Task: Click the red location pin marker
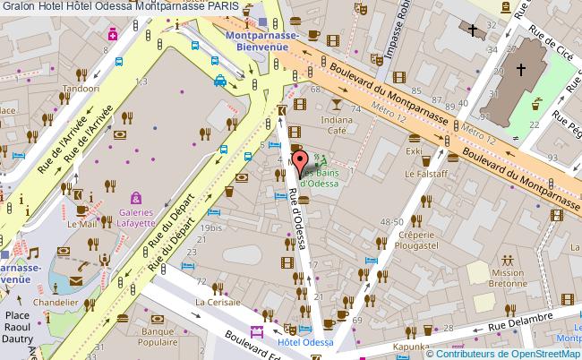point(300,163)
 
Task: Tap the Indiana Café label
point(336,124)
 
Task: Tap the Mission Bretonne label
point(508,278)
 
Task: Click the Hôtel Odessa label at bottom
point(305,342)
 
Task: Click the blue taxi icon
point(219,81)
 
